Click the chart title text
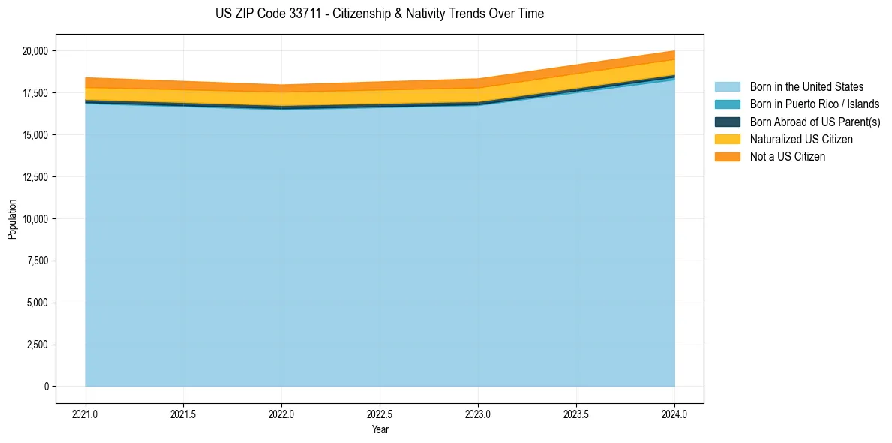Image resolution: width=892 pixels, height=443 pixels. [379, 14]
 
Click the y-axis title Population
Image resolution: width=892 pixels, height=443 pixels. [12, 219]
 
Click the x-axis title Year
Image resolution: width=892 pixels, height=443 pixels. [380, 429]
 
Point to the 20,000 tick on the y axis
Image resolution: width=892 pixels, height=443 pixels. [35, 51]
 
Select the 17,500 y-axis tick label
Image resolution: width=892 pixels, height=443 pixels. [35, 93]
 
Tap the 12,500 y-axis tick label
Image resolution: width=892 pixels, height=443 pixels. [35, 177]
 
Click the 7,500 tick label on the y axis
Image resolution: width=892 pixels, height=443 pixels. [37, 261]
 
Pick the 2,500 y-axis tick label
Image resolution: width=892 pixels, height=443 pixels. [37, 345]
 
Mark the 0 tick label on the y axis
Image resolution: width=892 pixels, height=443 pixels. [46, 387]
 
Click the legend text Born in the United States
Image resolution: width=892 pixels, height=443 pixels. [806, 87]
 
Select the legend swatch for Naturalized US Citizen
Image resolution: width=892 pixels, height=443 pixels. [727, 140]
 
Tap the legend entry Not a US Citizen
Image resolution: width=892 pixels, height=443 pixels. [787, 157]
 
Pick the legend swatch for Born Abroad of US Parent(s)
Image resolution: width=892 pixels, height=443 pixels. [727, 122]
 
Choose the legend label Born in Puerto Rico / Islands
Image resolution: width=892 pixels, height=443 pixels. [814, 104]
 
